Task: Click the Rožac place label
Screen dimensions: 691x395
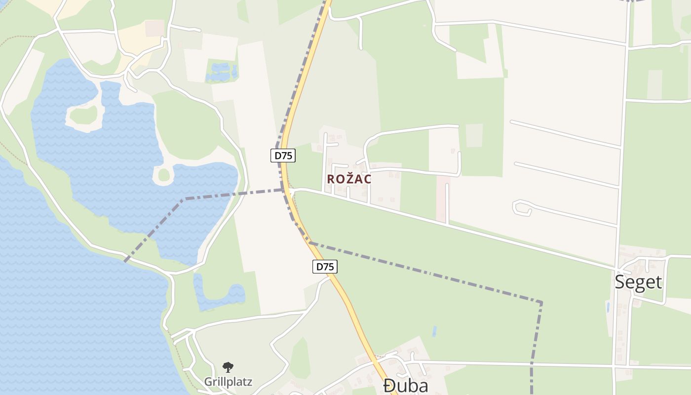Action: (349, 179)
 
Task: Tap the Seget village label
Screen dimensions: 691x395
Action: (638, 282)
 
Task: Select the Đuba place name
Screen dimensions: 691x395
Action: (406, 386)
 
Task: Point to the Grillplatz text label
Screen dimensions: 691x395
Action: (228, 382)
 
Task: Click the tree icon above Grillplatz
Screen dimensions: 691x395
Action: (228, 367)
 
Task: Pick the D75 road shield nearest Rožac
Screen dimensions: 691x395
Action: (284, 156)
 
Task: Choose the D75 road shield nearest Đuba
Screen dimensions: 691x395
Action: (325, 267)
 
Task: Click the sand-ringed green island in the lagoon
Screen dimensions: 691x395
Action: (83, 116)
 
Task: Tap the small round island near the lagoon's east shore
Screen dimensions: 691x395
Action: (163, 174)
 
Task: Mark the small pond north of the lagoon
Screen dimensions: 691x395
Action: (221, 72)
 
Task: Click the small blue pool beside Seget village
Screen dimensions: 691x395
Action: (608, 307)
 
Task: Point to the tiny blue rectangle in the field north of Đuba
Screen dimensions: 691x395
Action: (434, 331)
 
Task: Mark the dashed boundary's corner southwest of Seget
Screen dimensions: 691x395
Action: (541, 303)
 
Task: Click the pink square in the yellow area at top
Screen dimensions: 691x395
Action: (154, 28)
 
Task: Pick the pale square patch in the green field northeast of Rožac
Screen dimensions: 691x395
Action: (474, 135)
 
